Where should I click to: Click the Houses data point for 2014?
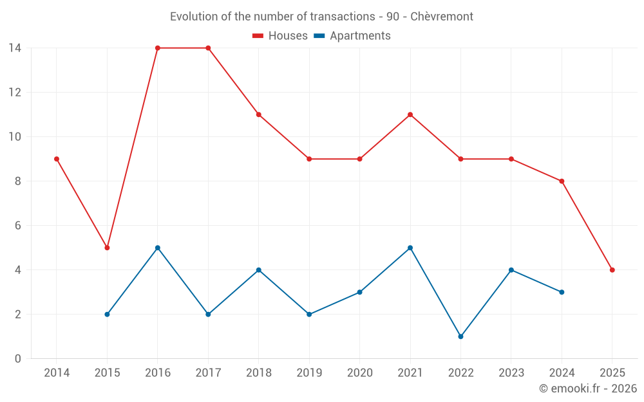pos(57,159)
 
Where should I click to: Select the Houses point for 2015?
pos(107,248)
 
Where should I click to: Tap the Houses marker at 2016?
pos(158,48)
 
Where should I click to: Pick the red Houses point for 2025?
pos(612,270)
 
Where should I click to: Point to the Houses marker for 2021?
pos(410,114)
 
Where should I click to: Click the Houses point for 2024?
pos(562,181)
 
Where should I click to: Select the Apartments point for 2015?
pos(107,315)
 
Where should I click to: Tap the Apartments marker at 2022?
pos(460,336)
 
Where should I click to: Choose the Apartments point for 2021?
pos(410,248)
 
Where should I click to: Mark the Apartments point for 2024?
pos(562,292)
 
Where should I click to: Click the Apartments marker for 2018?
pos(259,270)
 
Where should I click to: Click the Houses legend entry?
pos(280,36)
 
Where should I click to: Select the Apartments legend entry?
pos(352,36)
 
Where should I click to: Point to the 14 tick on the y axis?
pos(15,48)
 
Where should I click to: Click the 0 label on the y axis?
pos(18,359)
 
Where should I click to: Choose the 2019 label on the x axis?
pos(309,373)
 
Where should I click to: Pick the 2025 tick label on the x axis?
pos(612,373)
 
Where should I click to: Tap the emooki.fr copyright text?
pos(588,388)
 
